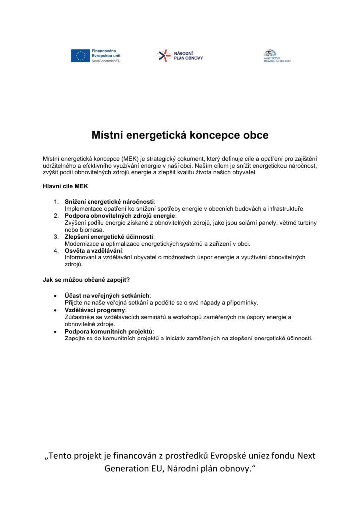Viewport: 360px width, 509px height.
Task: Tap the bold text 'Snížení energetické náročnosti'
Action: pyautogui.click(x=109, y=202)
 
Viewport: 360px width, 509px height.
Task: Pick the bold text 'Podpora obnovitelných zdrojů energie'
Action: pyautogui.click(x=120, y=216)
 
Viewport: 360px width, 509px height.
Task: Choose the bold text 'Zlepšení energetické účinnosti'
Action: pyautogui.click(x=109, y=237)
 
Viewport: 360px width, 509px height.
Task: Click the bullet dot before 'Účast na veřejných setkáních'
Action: pyautogui.click(x=54, y=295)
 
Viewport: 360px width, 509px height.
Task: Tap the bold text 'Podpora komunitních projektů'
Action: pyautogui.click(x=109, y=331)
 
